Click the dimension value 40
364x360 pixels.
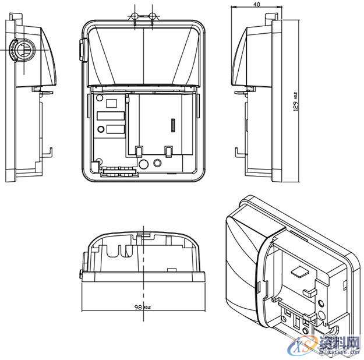point(257,3)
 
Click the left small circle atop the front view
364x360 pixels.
point(135,15)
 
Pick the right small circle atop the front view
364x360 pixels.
point(152,15)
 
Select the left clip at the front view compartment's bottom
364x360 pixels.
point(139,151)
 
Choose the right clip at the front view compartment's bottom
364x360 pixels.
point(168,150)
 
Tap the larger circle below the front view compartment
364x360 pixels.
point(157,163)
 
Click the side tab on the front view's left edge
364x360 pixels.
point(81,51)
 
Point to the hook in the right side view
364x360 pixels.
point(238,153)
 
